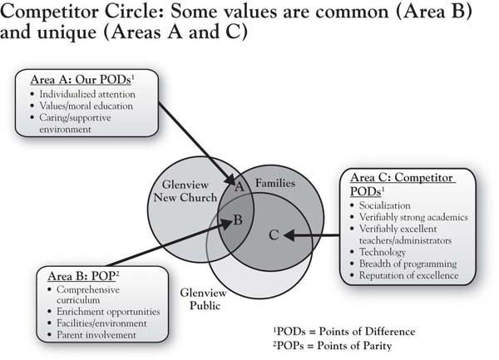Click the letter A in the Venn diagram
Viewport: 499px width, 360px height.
click(240, 187)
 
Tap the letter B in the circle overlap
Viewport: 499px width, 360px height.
click(238, 219)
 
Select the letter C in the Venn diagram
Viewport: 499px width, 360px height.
click(274, 235)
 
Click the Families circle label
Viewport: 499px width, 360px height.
click(275, 183)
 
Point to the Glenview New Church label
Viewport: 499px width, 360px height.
click(185, 191)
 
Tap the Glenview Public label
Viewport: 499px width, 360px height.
click(204, 299)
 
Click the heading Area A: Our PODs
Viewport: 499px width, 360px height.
click(82, 80)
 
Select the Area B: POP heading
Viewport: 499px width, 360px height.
click(83, 276)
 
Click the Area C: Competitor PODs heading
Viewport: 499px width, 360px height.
click(403, 185)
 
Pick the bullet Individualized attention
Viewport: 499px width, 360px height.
click(86, 94)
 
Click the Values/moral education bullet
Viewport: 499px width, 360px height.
click(86, 106)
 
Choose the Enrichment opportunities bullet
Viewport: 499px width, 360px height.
click(108, 312)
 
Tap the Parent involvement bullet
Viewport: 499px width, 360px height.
click(96, 335)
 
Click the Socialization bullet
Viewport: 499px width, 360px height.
click(385, 205)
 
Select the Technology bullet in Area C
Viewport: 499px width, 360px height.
click(383, 252)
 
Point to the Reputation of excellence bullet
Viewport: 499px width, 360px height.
click(408, 275)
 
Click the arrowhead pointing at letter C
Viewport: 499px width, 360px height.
click(289, 235)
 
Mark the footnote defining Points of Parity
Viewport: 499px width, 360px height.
click(332, 346)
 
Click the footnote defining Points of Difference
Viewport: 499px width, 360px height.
click(344, 332)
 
